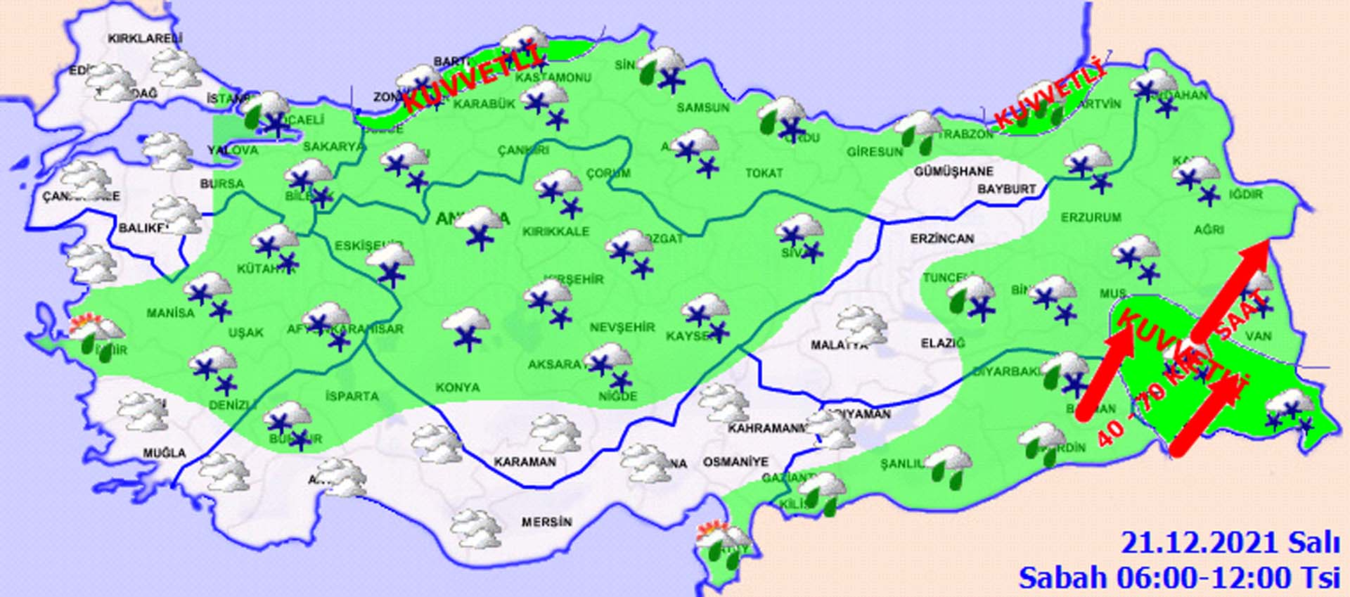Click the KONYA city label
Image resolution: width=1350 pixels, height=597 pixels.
pyautogui.click(x=457, y=387)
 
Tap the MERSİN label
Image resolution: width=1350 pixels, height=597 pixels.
pyautogui.click(x=546, y=522)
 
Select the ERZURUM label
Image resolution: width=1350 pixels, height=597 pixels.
pyautogui.click(x=1091, y=217)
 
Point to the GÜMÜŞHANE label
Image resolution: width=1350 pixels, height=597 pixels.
pyautogui.click(x=953, y=172)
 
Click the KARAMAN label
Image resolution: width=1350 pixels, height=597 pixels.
pyautogui.click(x=525, y=462)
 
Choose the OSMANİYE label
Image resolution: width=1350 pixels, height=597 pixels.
pyautogui.click(x=735, y=462)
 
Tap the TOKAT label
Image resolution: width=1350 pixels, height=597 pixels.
pyautogui.click(x=764, y=172)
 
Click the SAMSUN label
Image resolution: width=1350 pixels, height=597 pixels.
pyautogui.click(x=702, y=108)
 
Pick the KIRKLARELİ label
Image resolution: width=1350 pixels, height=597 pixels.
pyautogui.click(x=145, y=39)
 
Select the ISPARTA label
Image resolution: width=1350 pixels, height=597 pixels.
pyautogui.click(x=352, y=396)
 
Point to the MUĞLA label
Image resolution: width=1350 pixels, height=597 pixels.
pyautogui.click(x=165, y=453)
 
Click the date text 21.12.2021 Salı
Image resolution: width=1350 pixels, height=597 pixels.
pyautogui.click(x=1230, y=544)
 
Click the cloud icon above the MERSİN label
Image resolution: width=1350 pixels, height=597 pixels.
pyautogui.click(x=476, y=529)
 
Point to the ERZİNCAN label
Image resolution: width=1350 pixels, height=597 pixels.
pyautogui.click(x=941, y=239)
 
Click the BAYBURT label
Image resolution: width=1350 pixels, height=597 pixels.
pyautogui.click(x=1006, y=189)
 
